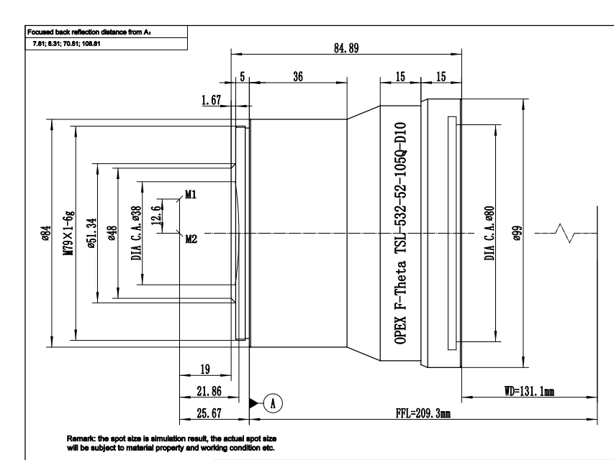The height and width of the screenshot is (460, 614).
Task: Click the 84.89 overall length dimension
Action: pos(346,48)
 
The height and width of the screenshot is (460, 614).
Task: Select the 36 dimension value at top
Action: pos(298,76)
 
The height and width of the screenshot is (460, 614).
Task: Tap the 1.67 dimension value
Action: pos(211,100)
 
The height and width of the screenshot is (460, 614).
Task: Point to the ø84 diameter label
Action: pos(46,233)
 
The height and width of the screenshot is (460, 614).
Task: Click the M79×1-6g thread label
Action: pos(68,233)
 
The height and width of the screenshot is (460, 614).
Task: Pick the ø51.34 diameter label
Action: pos(91,233)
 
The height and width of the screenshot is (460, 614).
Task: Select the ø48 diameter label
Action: pos(112,233)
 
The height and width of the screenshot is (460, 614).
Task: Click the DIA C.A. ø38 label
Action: pos(136,233)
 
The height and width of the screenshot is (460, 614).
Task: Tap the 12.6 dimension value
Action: pos(156,215)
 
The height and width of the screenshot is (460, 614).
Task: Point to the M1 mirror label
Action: pos(191,194)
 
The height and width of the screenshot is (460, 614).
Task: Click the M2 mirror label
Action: pos(191,239)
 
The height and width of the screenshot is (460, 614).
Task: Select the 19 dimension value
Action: pos(205,369)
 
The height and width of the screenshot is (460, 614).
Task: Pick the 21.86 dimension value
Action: pos(209,391)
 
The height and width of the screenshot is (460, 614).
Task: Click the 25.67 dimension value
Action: pos(209,413)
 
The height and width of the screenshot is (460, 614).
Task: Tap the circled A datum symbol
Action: pos(273,403)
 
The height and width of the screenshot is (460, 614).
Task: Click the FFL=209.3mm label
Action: pos(423,413)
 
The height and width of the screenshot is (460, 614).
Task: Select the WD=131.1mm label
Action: pos(529,391)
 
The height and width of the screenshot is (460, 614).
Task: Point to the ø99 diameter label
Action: pos(518,233)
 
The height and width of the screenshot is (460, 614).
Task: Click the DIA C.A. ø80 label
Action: pos(489,233)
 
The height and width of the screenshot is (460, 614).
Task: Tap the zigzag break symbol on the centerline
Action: pos(566,233)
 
